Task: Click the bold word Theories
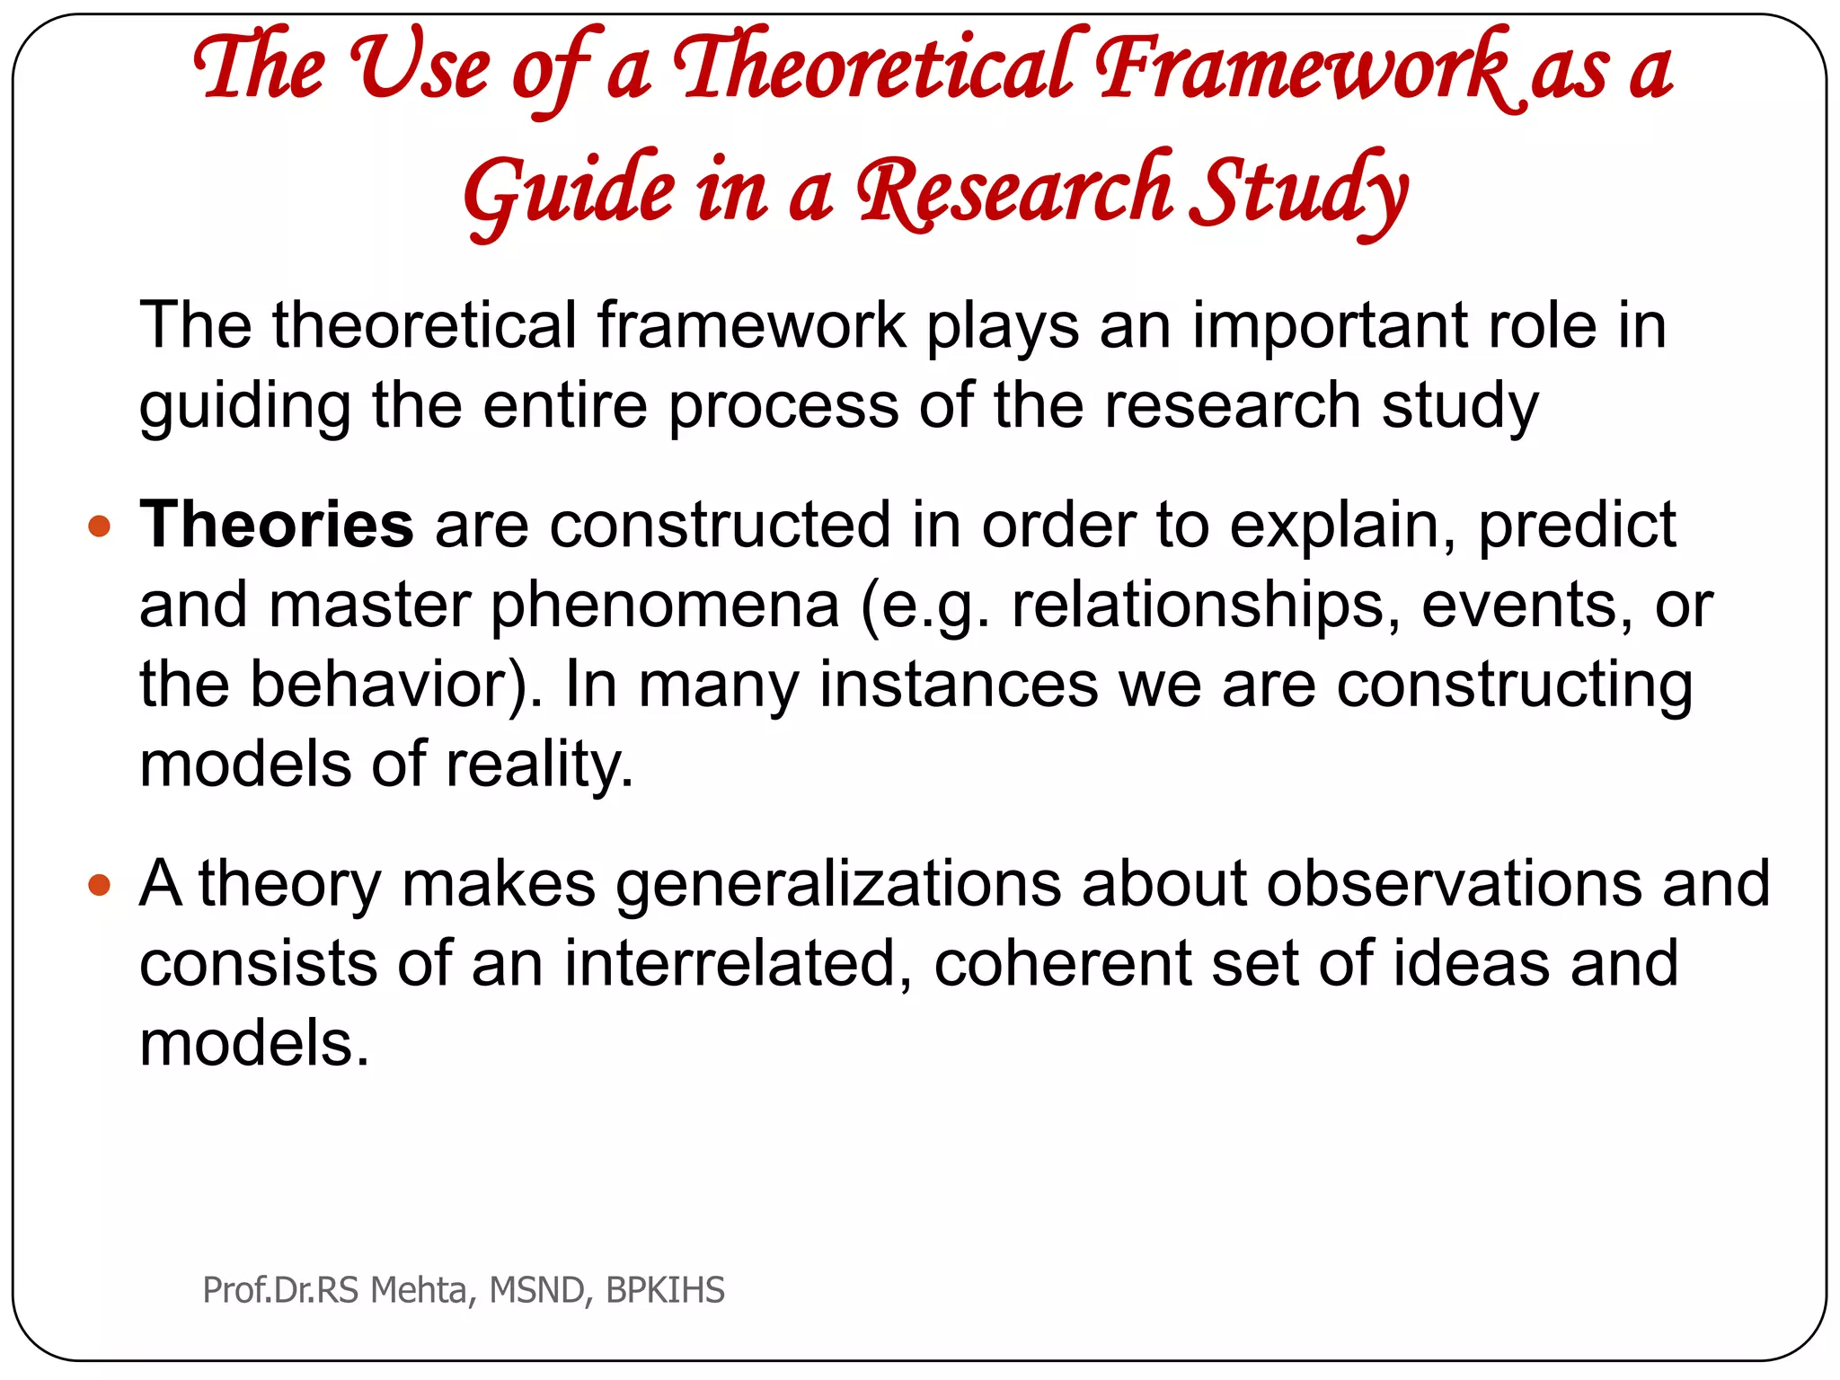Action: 276,525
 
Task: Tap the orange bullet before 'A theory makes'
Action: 100,886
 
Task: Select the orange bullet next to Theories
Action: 100,526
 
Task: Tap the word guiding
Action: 244,406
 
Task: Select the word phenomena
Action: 665,606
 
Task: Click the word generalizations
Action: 838,884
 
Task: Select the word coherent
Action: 1062,964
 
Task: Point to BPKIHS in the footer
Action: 665,1290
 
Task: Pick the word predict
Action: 1577,526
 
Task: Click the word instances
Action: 958,685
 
